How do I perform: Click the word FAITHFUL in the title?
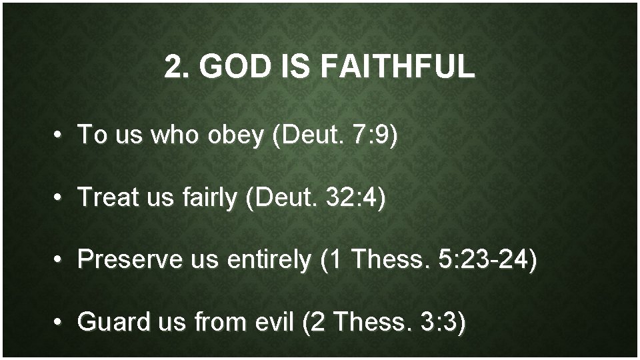(398, 67)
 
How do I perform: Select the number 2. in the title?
(175, 67)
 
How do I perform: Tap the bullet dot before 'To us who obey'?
(59, 135)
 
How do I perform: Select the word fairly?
(208, 197)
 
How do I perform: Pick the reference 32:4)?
(354, 197)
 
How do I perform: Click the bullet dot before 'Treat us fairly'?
(59, 198)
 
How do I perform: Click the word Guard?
(110, 323)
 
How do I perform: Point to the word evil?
(275, 323)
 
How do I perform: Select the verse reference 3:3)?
(444, 323)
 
